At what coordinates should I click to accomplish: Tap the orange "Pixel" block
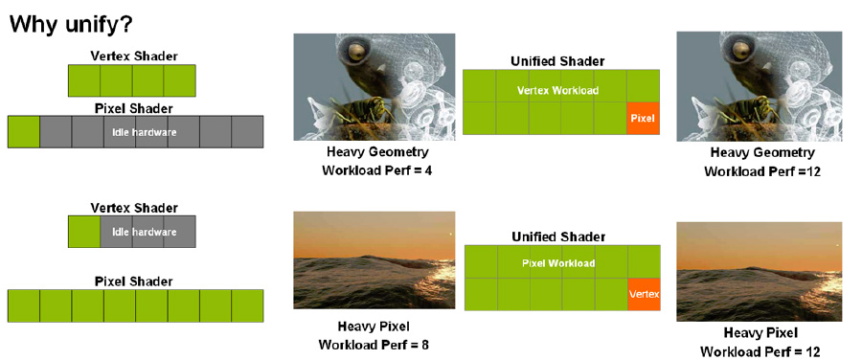(x=644, y=118)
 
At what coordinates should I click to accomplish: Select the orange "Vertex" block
(x=644, y=294)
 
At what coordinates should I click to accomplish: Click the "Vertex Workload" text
(x=558, y=90)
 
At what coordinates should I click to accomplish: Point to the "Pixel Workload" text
(x=558, y=263)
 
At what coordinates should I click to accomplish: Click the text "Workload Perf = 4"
(x=377, y=169)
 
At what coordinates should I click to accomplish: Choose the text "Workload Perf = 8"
(x=374, y=346)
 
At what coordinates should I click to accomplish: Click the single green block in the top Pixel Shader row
(x=24, y=132)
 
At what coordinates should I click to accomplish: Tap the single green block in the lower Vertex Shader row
(x=84, y=232)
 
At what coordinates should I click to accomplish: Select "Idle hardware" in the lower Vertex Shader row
(x=144, y=232)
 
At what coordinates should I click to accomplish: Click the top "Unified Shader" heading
(x=557, y=61)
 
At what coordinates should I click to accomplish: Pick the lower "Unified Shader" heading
(x=558, y=236)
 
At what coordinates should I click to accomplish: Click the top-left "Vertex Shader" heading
(x=134, y=56)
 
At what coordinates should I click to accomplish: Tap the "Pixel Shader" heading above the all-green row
(x=134, y=281)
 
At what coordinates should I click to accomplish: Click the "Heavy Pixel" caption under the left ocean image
(x=374, y=326)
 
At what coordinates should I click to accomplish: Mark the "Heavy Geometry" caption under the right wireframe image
(x=762, y=152)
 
